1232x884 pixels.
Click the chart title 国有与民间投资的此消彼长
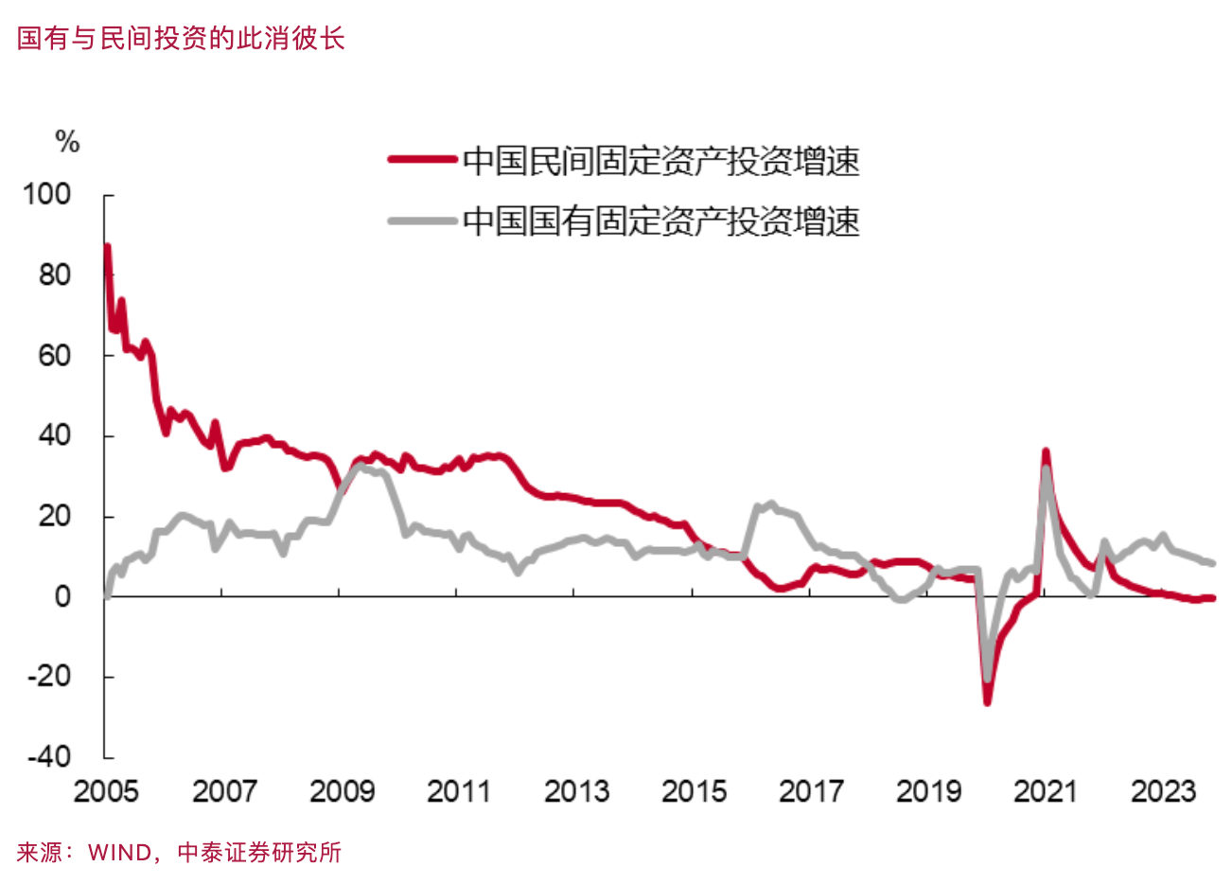click(181, 39)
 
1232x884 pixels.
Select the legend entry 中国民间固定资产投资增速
click(660, 161)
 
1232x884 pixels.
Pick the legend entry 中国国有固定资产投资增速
click(660, 221)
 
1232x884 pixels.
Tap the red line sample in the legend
click(422, 160)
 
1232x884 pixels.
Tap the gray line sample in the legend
click(422, 221)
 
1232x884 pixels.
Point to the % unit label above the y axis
click(67, 142)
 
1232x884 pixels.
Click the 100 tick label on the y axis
click(47, 194)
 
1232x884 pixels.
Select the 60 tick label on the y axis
click(55, 355)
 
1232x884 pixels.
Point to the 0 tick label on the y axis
click(62, 596)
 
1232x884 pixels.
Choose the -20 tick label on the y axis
click(49, 677)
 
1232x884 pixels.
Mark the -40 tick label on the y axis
click(49, 756)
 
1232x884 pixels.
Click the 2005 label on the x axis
click(106, 791)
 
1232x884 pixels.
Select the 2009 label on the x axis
click(341, 791)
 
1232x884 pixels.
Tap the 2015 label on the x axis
click(693, 791)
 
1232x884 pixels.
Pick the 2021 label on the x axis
click(1045, 791)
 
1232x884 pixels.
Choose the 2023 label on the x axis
click(1162, 791)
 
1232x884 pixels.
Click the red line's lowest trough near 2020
click(987, 702)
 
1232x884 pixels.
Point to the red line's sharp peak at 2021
click(1046, 451)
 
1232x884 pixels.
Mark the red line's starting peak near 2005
click(107, 247)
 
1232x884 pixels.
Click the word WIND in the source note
click(119, 853)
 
